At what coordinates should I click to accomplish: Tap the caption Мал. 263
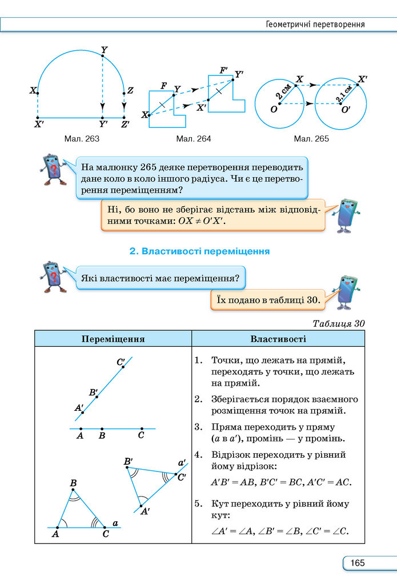pos(82,139)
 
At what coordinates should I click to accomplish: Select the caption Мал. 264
pos(194,139)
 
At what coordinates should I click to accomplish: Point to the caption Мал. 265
pos(311,139)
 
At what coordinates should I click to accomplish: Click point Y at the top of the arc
pos(103,55)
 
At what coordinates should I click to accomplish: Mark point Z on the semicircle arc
pos(124,94)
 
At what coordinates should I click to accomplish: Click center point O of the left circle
pos(280,103)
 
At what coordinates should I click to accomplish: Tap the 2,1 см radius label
pos(344,93)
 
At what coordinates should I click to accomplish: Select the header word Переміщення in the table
pos(113,339)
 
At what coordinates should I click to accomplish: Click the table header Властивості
pos(278,339)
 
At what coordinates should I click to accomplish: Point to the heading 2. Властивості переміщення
pos(199,251)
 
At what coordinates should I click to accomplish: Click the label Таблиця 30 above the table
pos(339,323)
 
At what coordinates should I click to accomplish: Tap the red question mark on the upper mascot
pos(54,171)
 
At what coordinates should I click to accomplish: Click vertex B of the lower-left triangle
pos(73,489)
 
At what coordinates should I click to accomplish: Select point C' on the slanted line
pos(123,367)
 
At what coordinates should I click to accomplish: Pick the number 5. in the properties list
pos(199,503)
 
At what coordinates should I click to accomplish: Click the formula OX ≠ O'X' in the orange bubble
pos(202,221)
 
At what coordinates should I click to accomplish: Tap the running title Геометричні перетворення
pos(315,25)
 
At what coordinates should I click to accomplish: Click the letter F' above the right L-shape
pos(224,70)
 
